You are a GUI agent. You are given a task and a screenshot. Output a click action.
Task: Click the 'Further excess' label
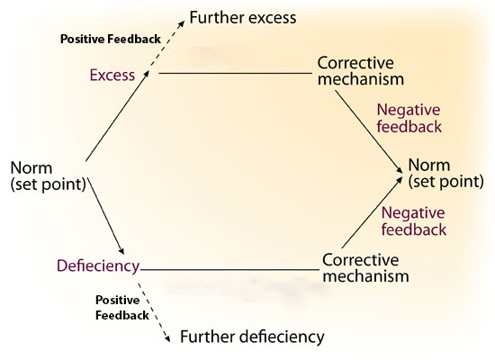(x=243, y=17)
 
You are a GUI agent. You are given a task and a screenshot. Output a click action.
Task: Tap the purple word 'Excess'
(x=112, y=76)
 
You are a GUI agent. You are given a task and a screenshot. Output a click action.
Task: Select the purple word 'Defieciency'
(x=98, y=266)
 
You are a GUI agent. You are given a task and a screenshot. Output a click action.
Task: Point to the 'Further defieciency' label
(x=252, y=337)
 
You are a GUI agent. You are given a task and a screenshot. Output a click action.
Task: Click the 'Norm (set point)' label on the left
(x=49, y=175)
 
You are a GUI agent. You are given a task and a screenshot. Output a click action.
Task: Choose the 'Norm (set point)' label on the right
(x=445, y=173)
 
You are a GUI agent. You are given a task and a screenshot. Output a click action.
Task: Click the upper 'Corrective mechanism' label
(x=361, y=71)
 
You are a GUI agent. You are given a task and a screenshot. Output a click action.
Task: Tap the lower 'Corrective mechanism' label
(x=365, y=268)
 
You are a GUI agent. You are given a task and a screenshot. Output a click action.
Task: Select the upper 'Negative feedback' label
(x=409, y=118)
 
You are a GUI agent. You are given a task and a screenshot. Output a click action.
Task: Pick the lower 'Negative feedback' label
(x=414, y=221)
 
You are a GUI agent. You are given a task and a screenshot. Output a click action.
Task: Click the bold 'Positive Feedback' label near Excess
(x=111, y=40)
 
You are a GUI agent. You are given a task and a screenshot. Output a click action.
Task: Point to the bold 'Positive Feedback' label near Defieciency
(x=122, y=307)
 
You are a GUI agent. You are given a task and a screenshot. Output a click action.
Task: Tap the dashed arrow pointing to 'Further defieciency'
(x=154, y=310)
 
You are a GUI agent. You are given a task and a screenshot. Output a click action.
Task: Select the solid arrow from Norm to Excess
(x=117, y=115)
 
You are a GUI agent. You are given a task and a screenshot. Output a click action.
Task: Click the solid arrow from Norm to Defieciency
(x=106, y=216)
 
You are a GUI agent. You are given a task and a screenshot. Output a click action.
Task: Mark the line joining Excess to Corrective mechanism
(x=235, y=73)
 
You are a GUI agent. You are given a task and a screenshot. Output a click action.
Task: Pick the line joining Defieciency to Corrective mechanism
(x=229, y=270)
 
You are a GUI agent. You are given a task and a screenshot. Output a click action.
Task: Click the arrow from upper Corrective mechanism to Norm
(x=369, y=131)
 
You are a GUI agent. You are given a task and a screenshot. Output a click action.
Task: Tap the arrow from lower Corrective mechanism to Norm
(x=373, y=211)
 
